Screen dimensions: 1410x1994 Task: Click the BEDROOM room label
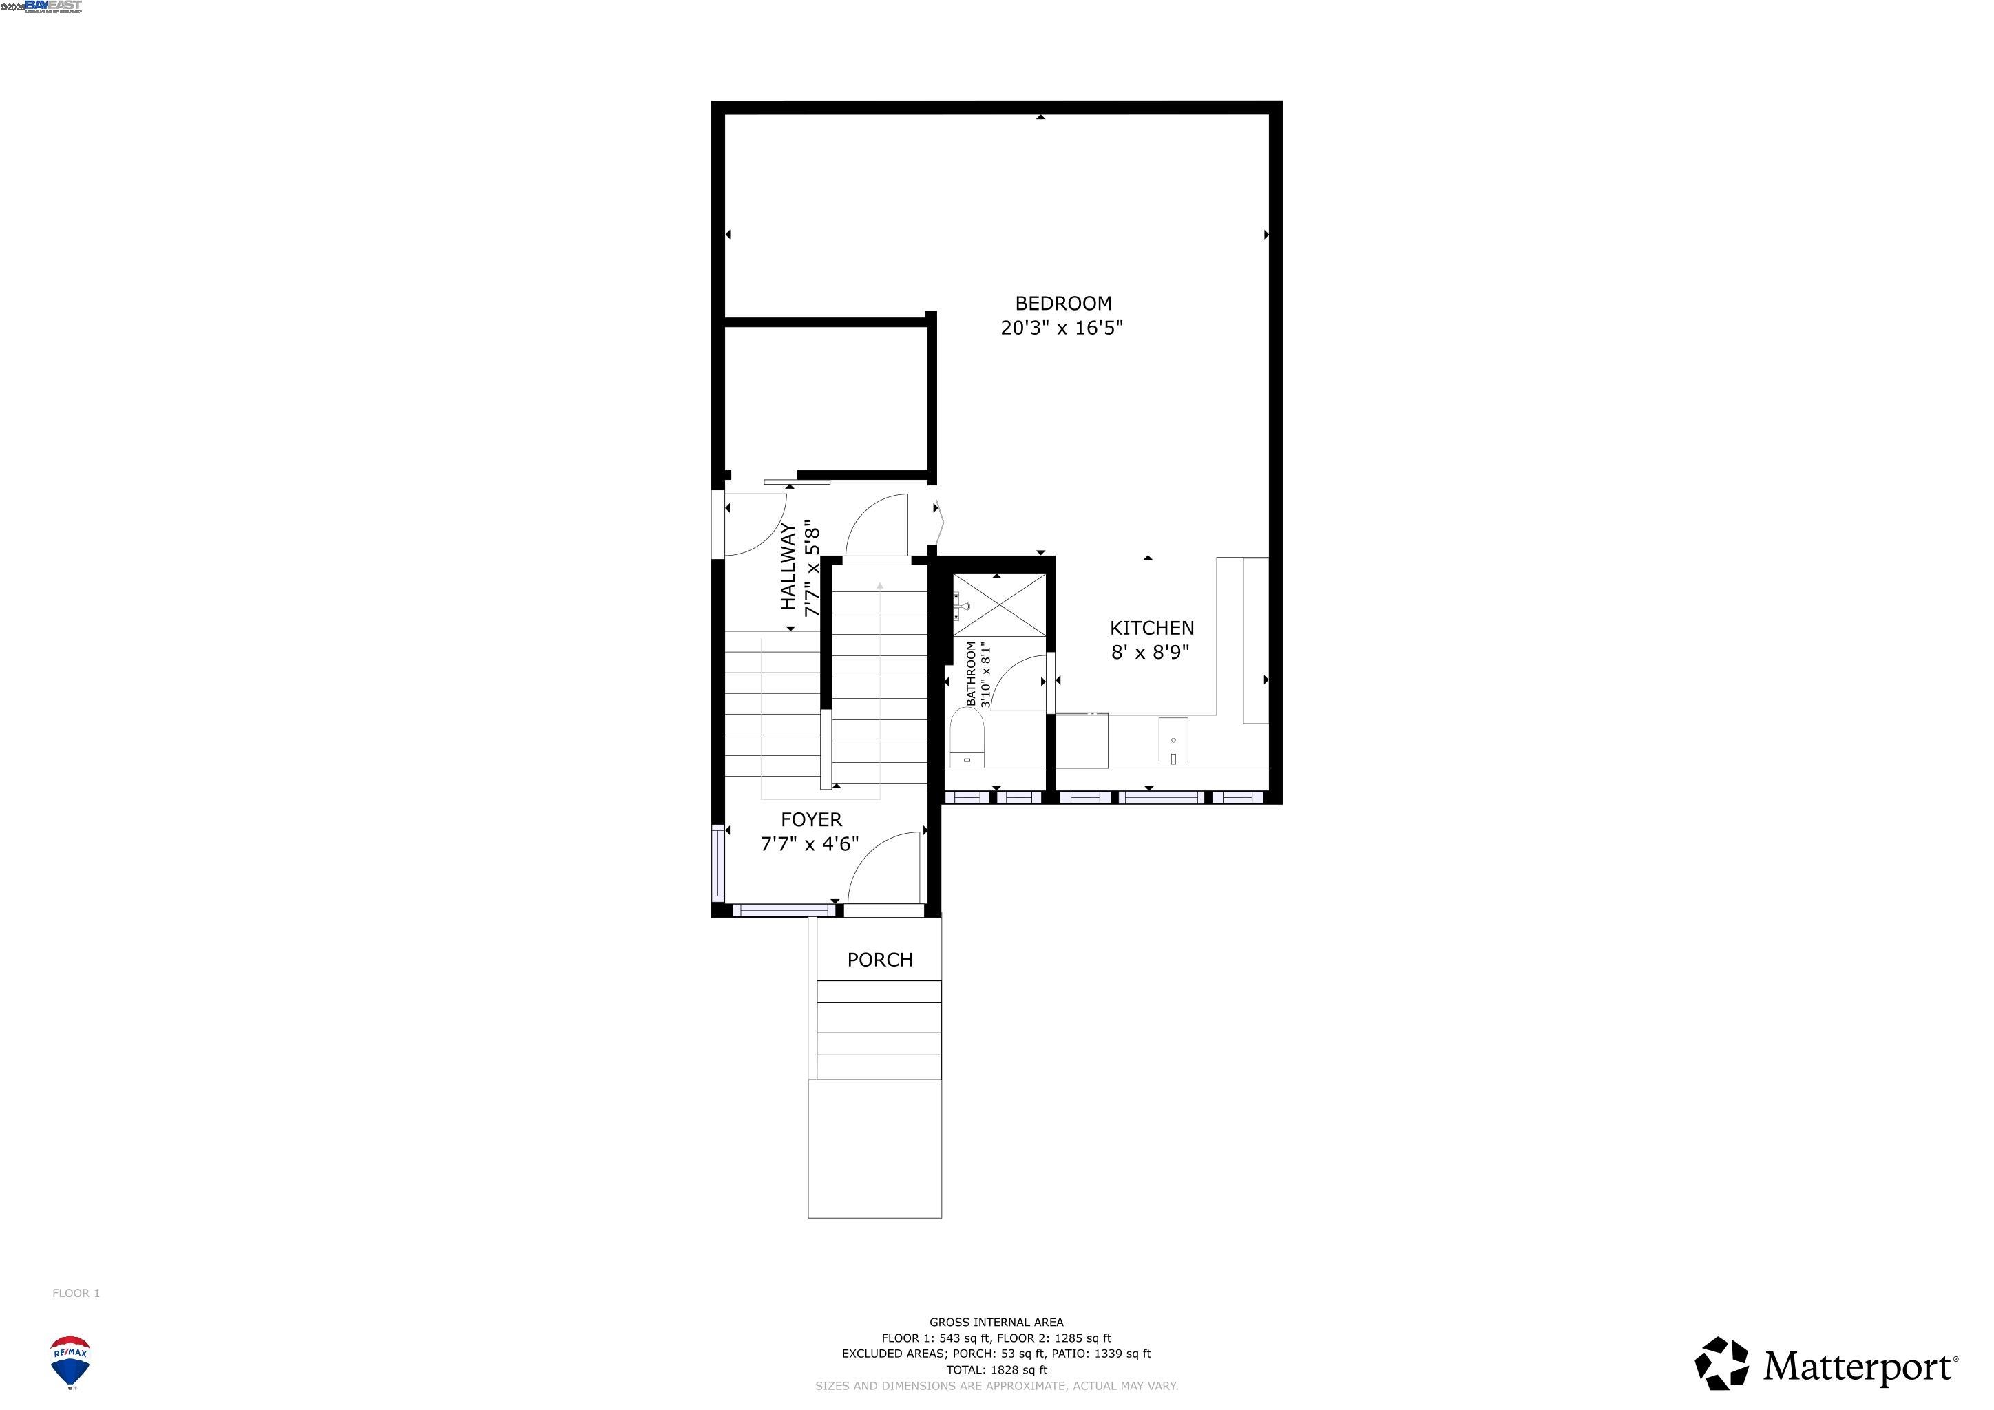point(1063,303)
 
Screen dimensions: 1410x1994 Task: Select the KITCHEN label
point(1152,628)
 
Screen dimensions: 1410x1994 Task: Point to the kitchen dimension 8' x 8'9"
point(1150,652)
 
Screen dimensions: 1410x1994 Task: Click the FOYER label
point(811,819)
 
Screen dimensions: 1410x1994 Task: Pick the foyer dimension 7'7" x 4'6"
point(810,844)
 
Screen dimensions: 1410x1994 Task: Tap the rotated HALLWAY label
point(788,566)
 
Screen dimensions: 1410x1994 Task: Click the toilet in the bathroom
point(967,737)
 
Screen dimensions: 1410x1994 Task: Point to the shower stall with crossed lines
point(1000,605)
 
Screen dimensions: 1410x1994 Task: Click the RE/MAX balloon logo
point(70,1361)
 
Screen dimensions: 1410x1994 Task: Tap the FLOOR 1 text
point(76,1293)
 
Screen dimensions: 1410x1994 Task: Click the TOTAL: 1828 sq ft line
point(996,1369)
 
